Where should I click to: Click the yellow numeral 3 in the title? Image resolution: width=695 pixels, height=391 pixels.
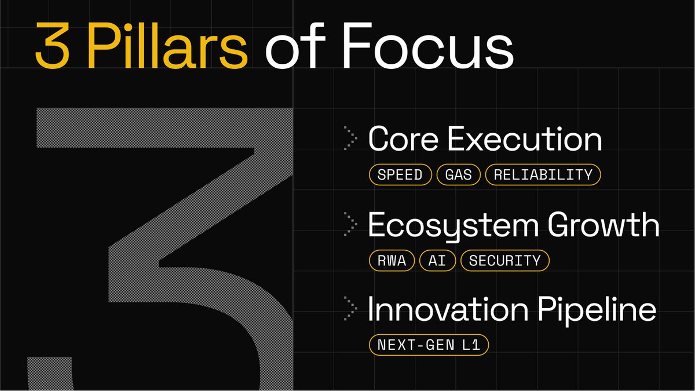52,45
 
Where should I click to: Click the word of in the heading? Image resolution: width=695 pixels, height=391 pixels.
295,45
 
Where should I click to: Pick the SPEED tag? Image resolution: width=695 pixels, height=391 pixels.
400,174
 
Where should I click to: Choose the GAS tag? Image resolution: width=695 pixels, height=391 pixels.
459,174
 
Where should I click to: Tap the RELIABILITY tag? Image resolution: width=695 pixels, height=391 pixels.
543,174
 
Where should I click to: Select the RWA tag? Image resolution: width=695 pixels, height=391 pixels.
392,260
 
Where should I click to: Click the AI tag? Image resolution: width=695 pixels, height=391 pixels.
437,260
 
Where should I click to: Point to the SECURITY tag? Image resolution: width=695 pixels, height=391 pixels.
505,260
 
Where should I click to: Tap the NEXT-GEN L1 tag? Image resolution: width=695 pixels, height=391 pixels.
429,345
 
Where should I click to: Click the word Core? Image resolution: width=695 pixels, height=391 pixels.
403,138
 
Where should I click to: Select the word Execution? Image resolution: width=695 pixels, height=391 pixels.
525,138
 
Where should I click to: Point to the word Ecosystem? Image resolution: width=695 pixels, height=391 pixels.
453,226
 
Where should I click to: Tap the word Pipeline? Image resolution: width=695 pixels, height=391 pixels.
597,310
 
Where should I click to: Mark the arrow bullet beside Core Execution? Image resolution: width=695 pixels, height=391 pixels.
350,138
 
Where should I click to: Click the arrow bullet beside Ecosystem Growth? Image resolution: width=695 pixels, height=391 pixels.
350,224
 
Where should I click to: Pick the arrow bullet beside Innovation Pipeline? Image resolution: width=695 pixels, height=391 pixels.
350,308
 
